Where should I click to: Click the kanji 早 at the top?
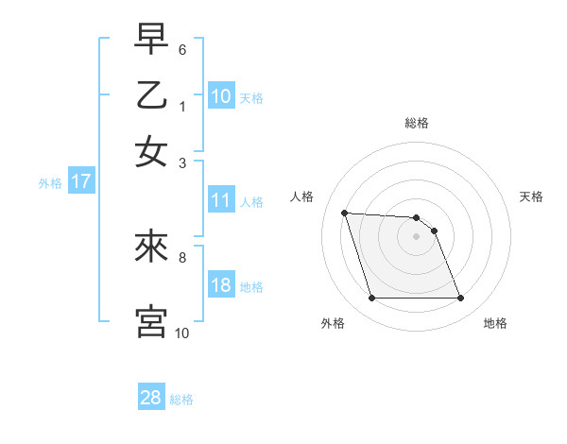tap(151, 41)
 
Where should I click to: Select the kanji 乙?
tap(151, 96)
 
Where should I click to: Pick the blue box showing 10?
tap(221, 95)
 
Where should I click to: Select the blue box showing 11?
tap(221, 200)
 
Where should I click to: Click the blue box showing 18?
tap(221, 286)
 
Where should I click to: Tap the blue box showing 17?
tap(80, 182)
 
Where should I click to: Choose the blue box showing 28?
tap(151, 398)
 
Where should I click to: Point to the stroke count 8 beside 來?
tap(182, 256)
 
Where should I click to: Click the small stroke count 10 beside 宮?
tap(182, 333)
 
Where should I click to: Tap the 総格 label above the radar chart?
tap(417, 123)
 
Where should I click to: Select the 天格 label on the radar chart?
tap(532, 196)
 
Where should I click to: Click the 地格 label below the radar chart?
tap(495, 323)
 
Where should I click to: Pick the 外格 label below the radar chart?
tap(333, 323)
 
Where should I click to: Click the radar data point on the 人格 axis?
tap(345, 213)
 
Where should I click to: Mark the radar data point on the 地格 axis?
tap(460, 299)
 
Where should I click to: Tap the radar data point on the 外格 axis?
tap(371, 299)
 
